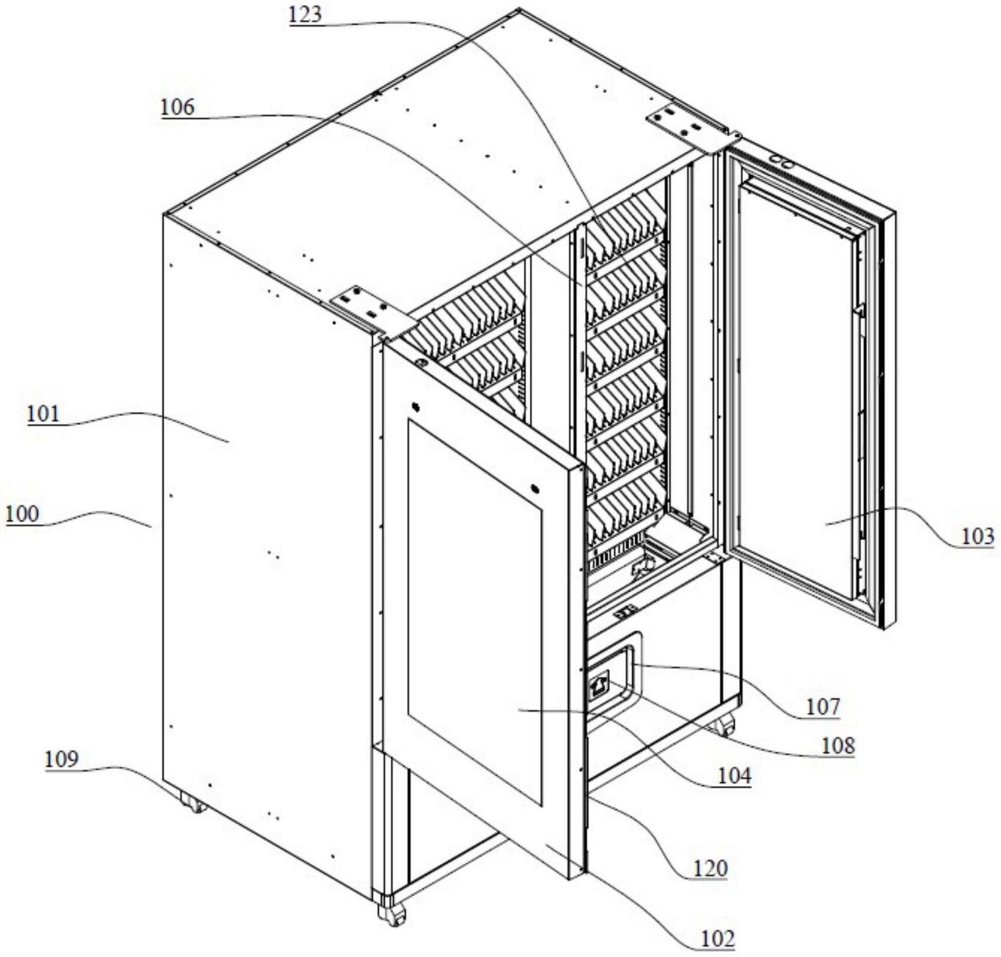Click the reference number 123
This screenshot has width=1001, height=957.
click(x=305, y=15)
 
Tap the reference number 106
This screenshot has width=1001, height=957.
click(x=178, y=107)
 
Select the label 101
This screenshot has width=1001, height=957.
click(x=43, y=414)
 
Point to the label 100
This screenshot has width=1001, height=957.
click(x=22, y=514)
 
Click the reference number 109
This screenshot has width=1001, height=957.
click(x=62, y=759)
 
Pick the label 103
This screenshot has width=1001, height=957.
click(x=977, y=537)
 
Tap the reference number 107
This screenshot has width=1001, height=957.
click(x=822, y=706)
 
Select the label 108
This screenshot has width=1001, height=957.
click(x=838, y=746)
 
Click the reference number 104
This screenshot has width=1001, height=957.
click(x=734, y=777)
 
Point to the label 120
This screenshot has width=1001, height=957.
click(x=710, y=868)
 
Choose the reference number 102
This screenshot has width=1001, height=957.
click(x=717, y=938)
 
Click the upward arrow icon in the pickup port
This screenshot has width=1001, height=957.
click(x=599, y=686)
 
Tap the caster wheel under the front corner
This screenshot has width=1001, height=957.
click(x=392, y=915)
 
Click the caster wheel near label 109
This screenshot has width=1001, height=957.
click(x=192, y=803)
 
